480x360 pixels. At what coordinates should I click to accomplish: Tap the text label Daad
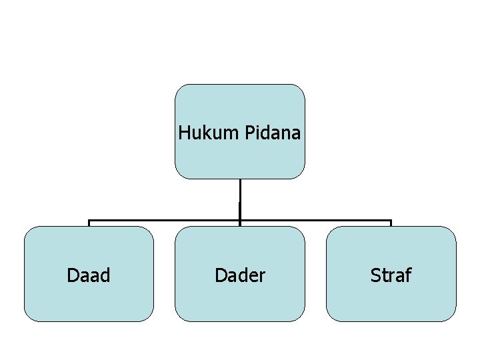[89, 275]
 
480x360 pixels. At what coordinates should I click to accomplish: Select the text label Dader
[239, 275]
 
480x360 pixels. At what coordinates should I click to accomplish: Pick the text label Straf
[391, 275]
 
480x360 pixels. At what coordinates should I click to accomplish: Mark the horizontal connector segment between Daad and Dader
[164, 220]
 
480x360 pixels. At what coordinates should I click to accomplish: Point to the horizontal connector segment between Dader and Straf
[315, 220]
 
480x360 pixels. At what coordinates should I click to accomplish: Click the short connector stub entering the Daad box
[89, 223]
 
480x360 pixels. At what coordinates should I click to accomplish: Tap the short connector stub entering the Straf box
[391, 223]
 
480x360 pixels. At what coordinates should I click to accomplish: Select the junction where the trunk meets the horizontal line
[239, 220]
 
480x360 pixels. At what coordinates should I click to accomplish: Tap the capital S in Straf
[375, 275]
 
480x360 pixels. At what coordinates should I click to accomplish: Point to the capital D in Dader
[219, 275]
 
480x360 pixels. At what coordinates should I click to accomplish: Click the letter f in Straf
[408, 274]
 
